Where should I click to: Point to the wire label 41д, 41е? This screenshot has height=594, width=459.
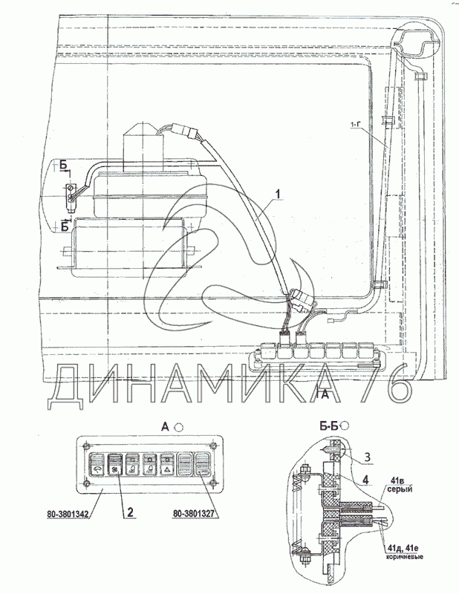click(408, 549)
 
